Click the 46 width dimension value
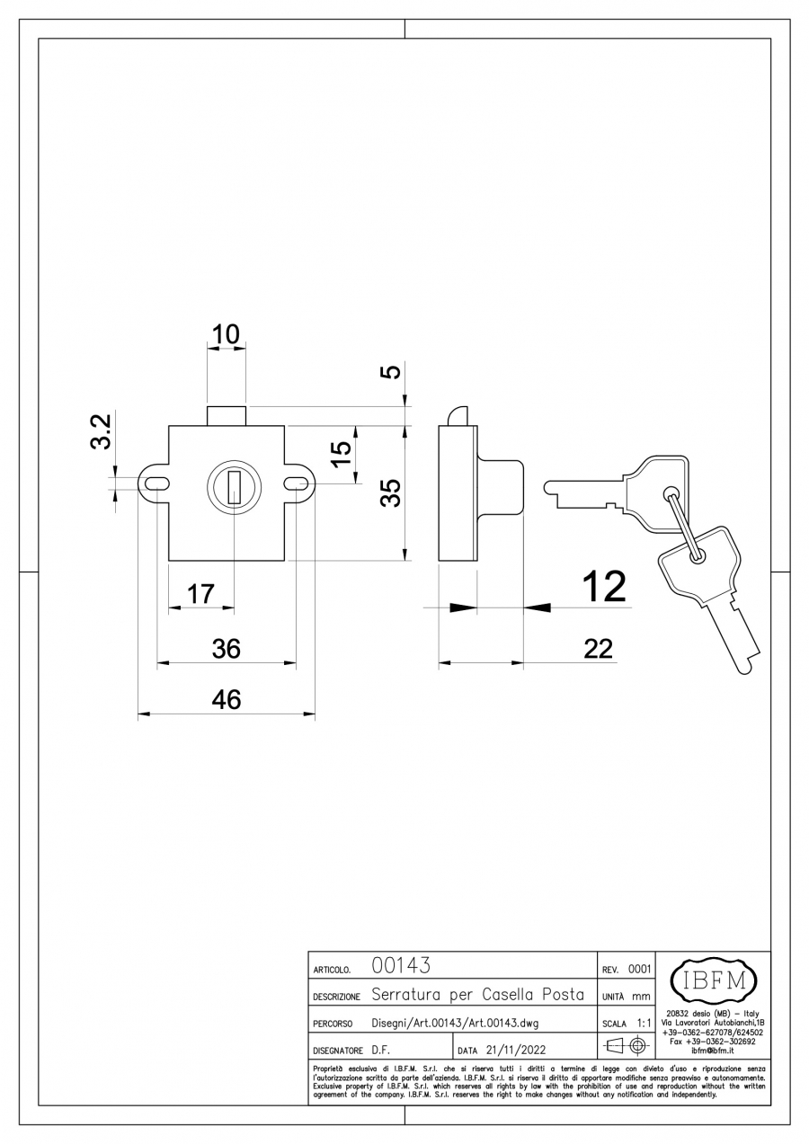pyautogui.click(x=226, y=700)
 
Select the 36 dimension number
pyautogui.click(x=226, y=648)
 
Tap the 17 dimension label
pyautogui.click(x=200, y=593)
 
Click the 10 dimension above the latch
pyautogui.click(x=226, y=335)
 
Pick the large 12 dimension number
pyautogui.click(x=603, y=587)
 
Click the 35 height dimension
pyautogui.click(x=389, y=493)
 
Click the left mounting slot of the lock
pyautogui.click(x=155, y=483)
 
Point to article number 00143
pyautogui.click(x=400, y=966)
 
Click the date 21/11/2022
pyautogui.click(x=515, y=1050)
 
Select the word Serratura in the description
pyautogui.click(x=405, y=995)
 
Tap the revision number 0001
pyautogui.click(x=639, y=969)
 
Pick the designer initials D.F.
pyautogui.click(x=380, y=1050)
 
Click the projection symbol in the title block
pyautogui.click(x=627, y=1045)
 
